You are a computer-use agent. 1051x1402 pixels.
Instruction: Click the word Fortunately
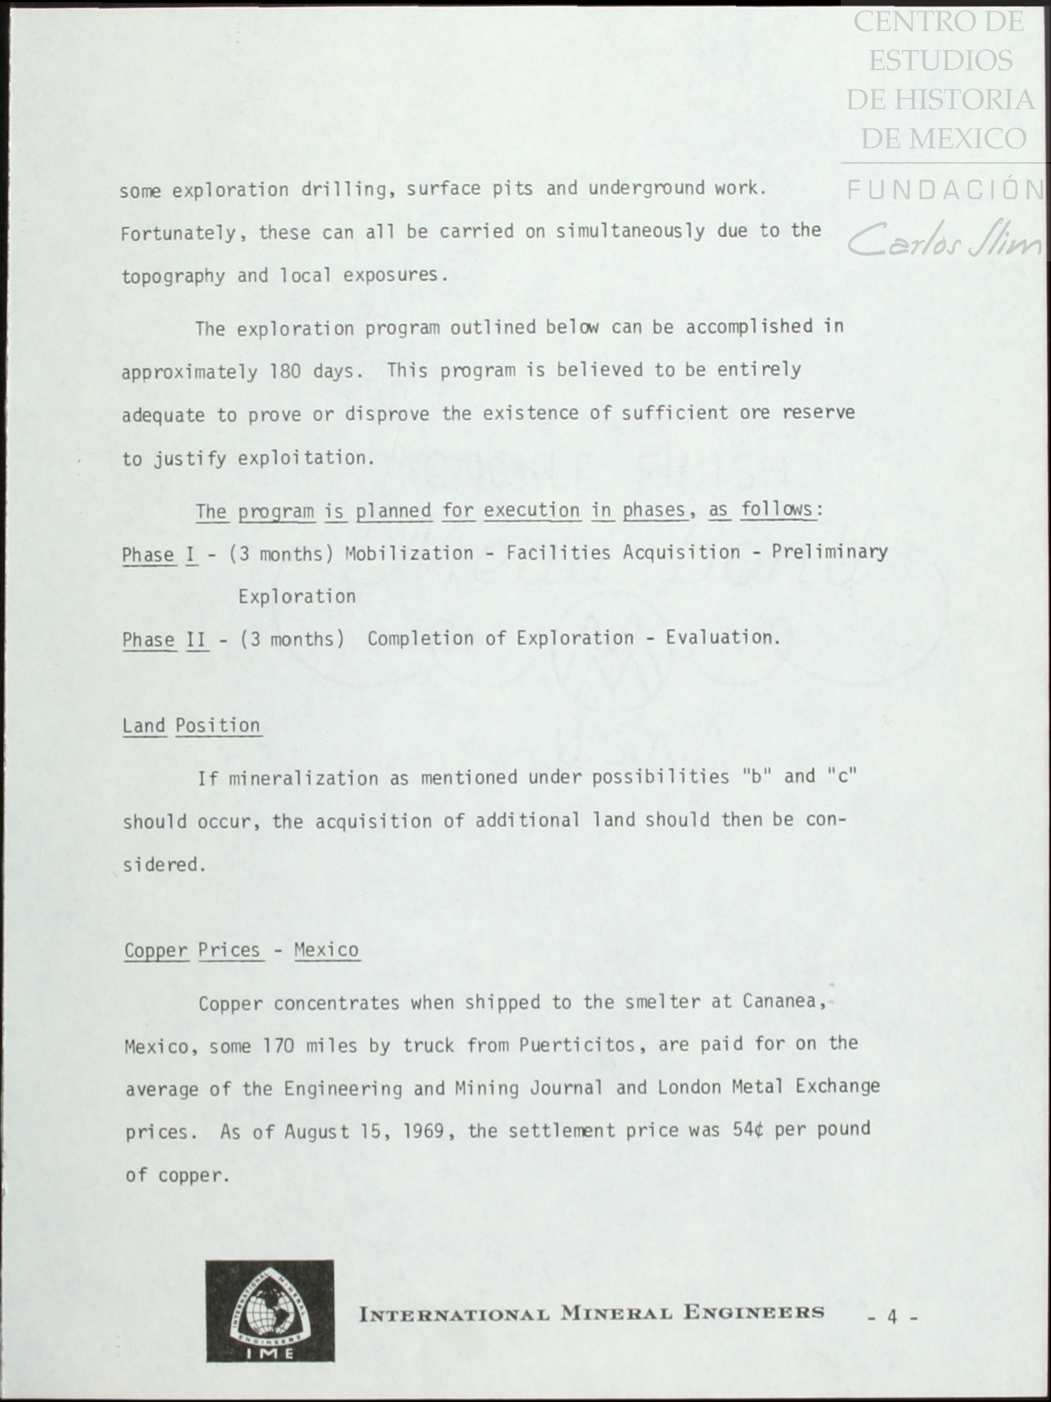[x=177, y=232]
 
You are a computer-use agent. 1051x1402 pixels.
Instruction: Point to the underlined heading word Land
[x=144, y=726]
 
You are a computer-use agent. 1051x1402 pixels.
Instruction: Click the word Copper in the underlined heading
[x=156, y=950]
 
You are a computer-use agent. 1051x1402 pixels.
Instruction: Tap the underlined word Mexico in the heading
[x=326, y=950]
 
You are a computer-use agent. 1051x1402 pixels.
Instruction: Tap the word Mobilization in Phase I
[x=409, y=553]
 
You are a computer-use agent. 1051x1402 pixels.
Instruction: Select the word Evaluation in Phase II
[x=723, y=637]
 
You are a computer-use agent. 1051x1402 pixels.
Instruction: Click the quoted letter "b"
[x=755, y=777]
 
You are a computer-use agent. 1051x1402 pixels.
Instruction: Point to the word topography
[x=173, y=276]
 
